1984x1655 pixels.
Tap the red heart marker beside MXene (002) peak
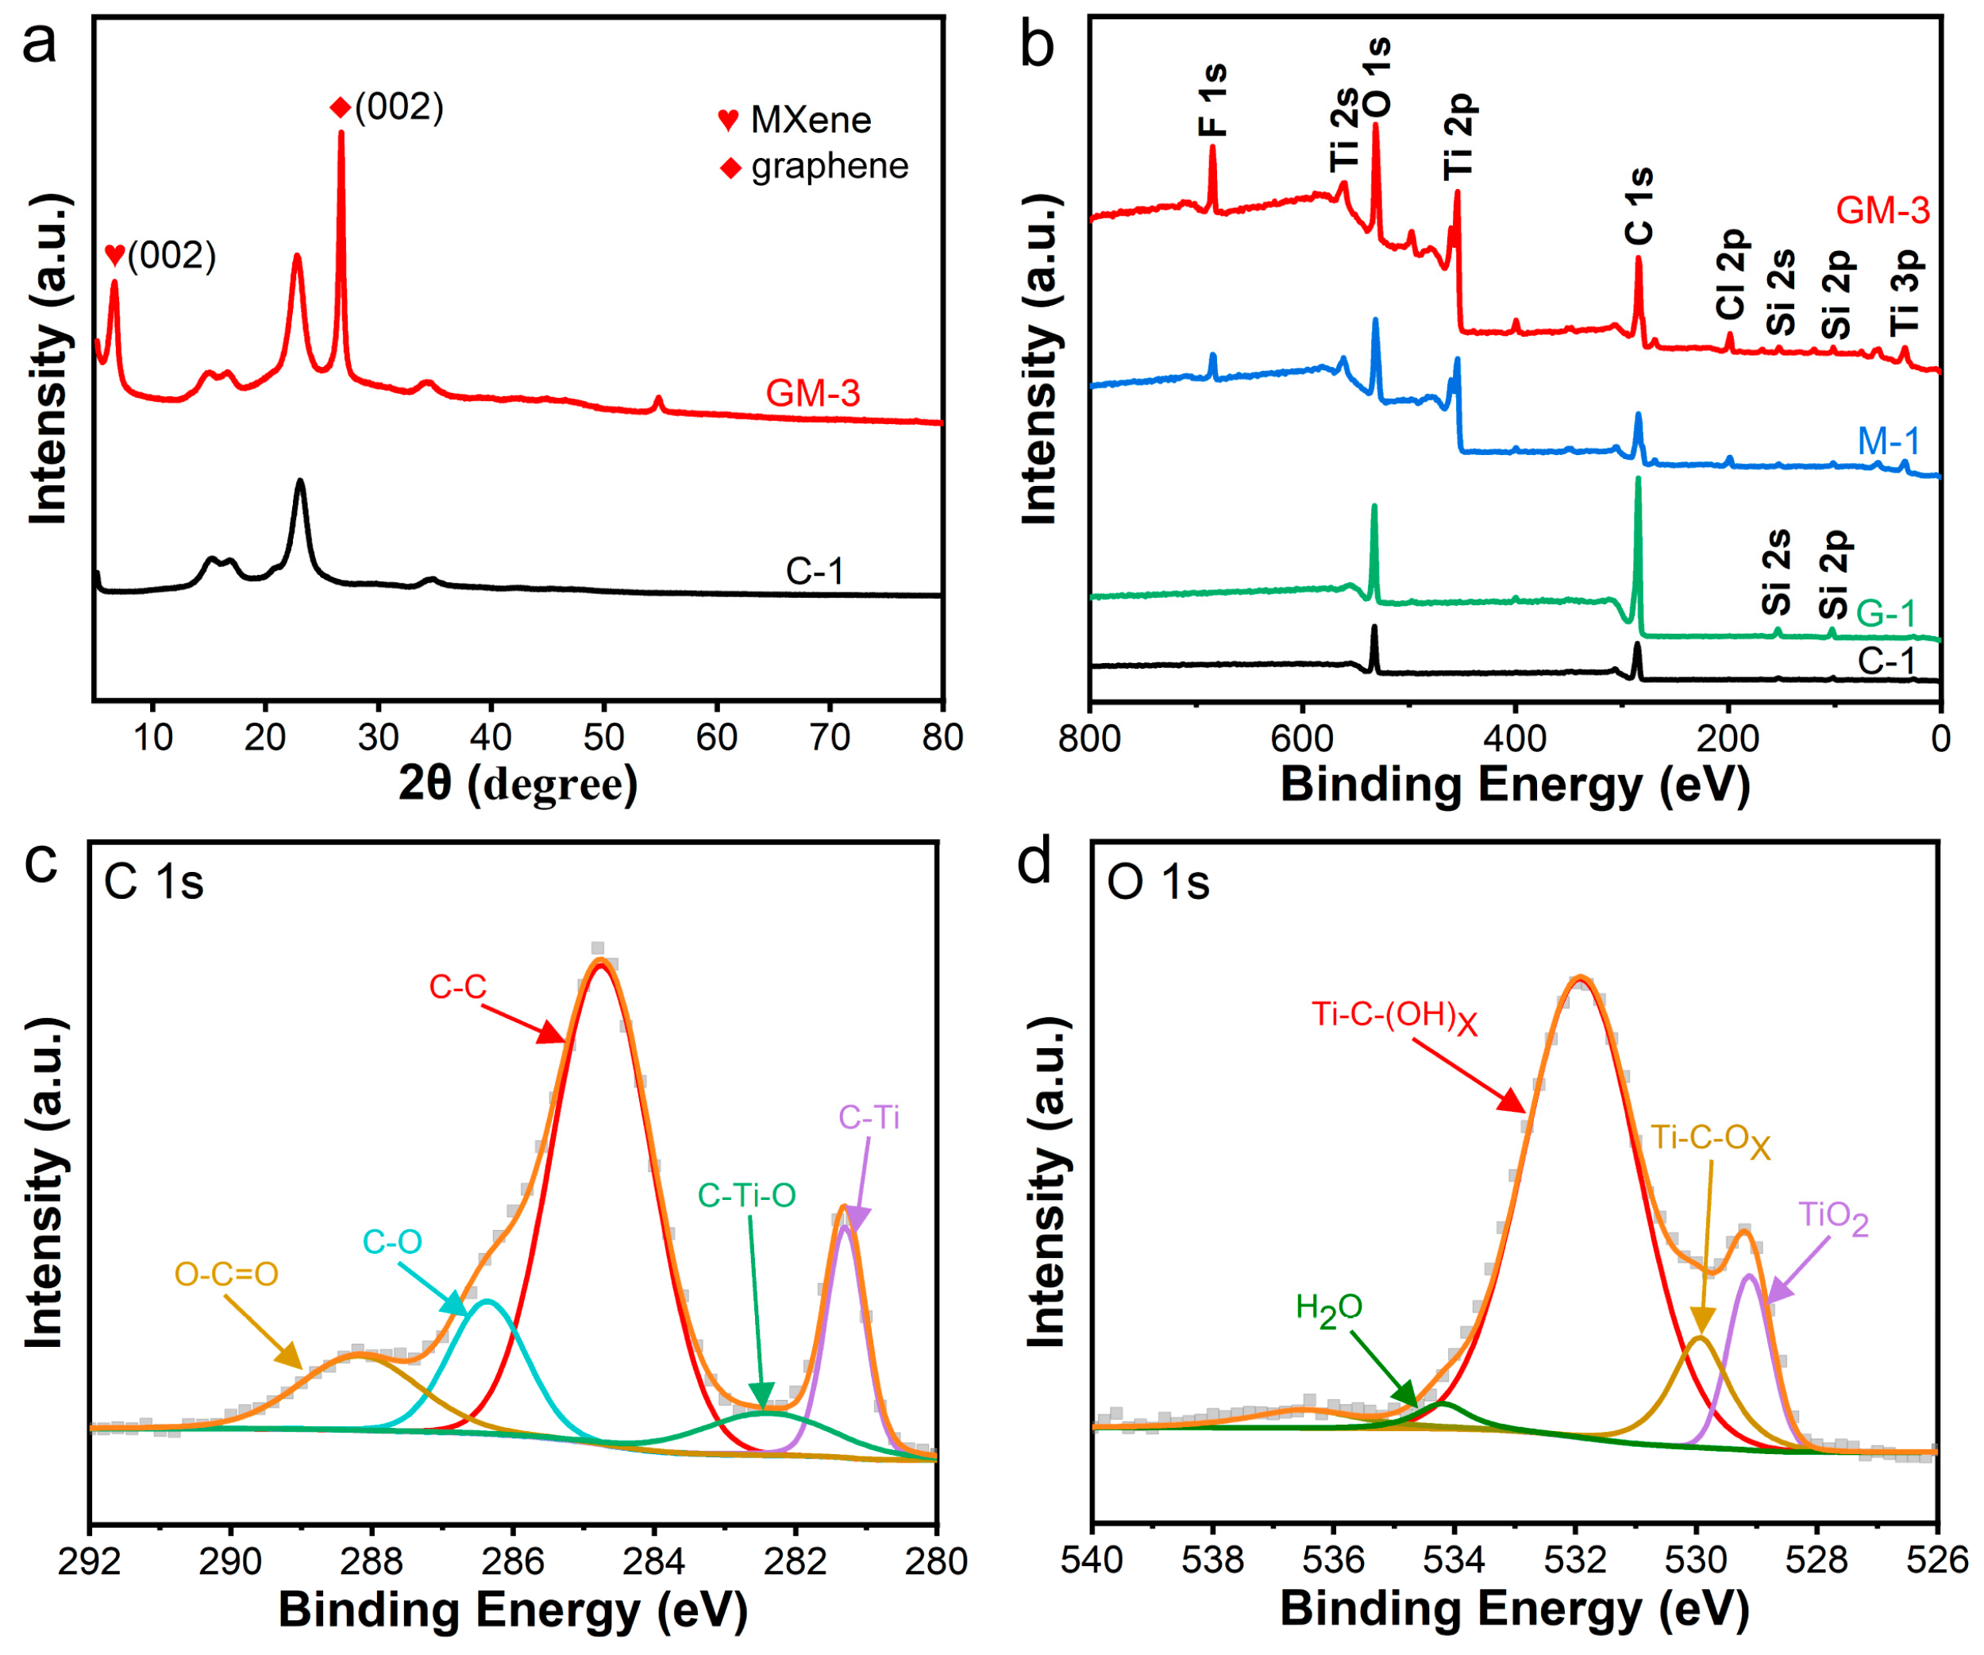tap(115, 253)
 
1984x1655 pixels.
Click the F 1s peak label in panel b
tap(1212, 100)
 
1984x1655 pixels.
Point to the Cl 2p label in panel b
tap(1731, 275)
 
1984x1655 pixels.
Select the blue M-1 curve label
tap(1888, 442)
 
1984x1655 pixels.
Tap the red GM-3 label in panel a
tap(812, 393)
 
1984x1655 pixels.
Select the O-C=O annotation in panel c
tap(227, 1274)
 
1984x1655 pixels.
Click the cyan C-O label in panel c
tap(392, 1242)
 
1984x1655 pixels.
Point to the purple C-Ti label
tap(869, 1118)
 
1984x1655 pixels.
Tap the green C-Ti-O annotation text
tap(746, 1196)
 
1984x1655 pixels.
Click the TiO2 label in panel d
tap(1833, 1217)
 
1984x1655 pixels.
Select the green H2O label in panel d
tap(1328, 1309)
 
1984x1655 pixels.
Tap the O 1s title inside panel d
tap(1158, 883)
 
